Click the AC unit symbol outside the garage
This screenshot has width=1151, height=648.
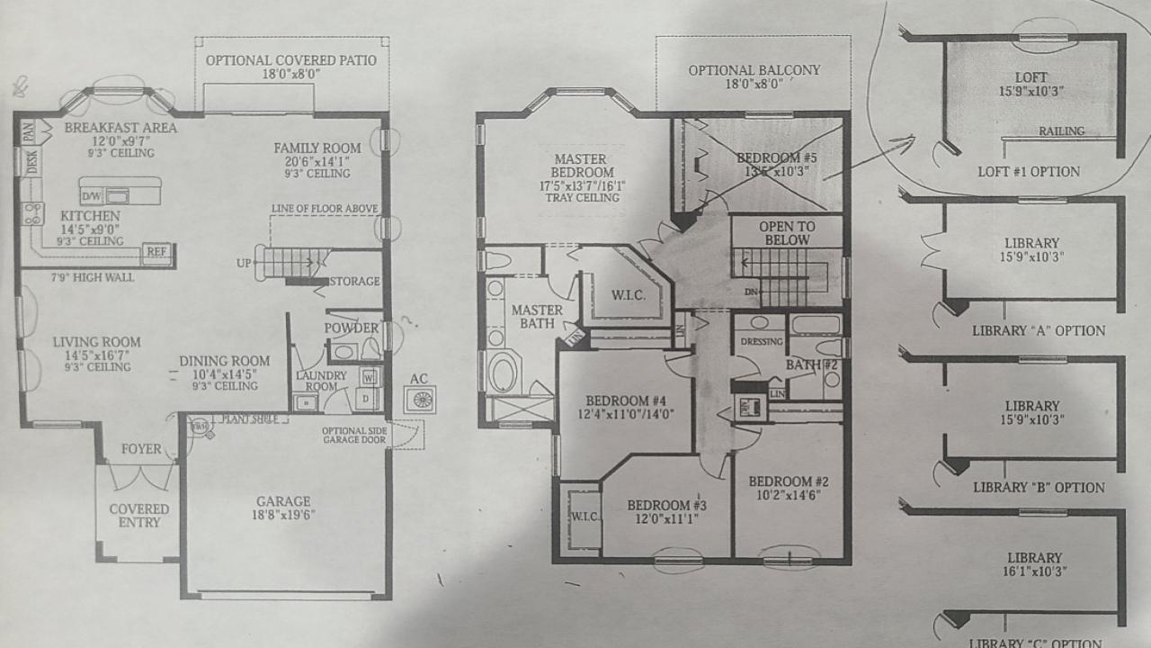419,399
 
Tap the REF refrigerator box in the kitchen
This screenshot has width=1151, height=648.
157,253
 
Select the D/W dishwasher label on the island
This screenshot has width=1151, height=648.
92,195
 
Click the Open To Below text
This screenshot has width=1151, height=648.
786,233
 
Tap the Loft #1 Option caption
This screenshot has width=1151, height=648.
1029,172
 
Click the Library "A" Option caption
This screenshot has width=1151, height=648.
1039,330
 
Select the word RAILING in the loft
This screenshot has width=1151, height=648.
1061,131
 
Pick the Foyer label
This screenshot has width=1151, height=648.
142,449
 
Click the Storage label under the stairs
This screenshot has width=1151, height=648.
354,282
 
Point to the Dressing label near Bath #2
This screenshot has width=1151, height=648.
761,342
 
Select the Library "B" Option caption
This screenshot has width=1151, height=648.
1039,488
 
